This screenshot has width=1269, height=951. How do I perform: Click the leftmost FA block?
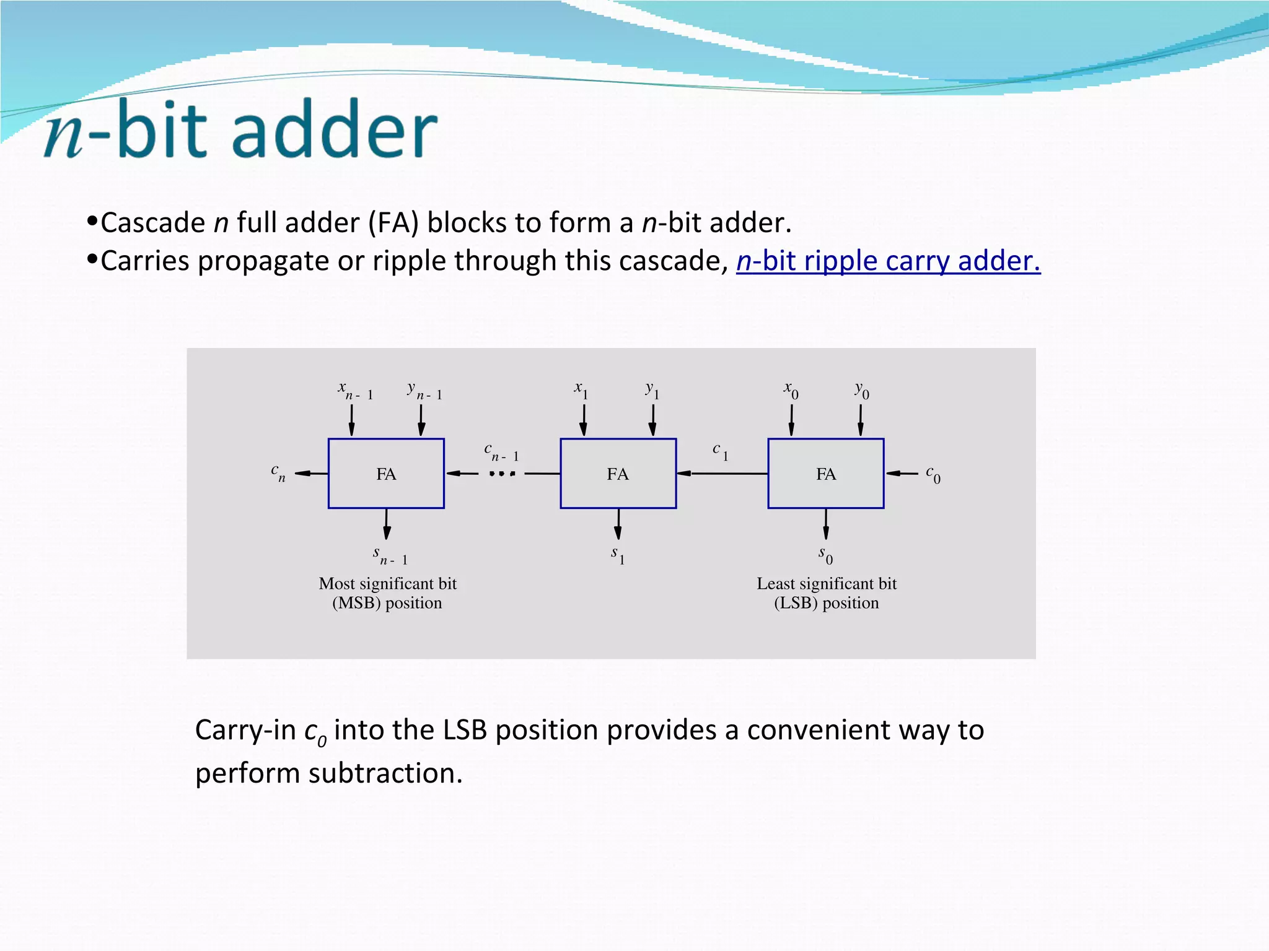click(386, 474)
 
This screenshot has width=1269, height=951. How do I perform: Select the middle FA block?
click(618, 474)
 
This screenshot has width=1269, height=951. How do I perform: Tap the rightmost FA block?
click(825, 474)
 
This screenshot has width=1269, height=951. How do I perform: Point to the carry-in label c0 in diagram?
click(933, 474)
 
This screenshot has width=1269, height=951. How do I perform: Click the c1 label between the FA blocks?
click(721, 451)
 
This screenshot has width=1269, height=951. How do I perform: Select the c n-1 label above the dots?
click(501, 452)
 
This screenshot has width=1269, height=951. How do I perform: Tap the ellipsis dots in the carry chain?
click(502, 474)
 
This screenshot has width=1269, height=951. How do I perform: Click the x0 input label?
click(791, 391)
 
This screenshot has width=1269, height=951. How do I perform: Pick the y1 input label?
click(652, 391)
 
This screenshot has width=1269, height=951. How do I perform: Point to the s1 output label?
click(618, 555)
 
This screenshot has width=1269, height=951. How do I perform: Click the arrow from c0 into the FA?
click(902, 474)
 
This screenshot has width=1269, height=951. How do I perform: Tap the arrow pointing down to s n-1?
click(387, 524)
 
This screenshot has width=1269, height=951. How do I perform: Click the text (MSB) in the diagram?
click(356, 603)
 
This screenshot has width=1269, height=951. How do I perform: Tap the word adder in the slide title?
click(335, 129)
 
